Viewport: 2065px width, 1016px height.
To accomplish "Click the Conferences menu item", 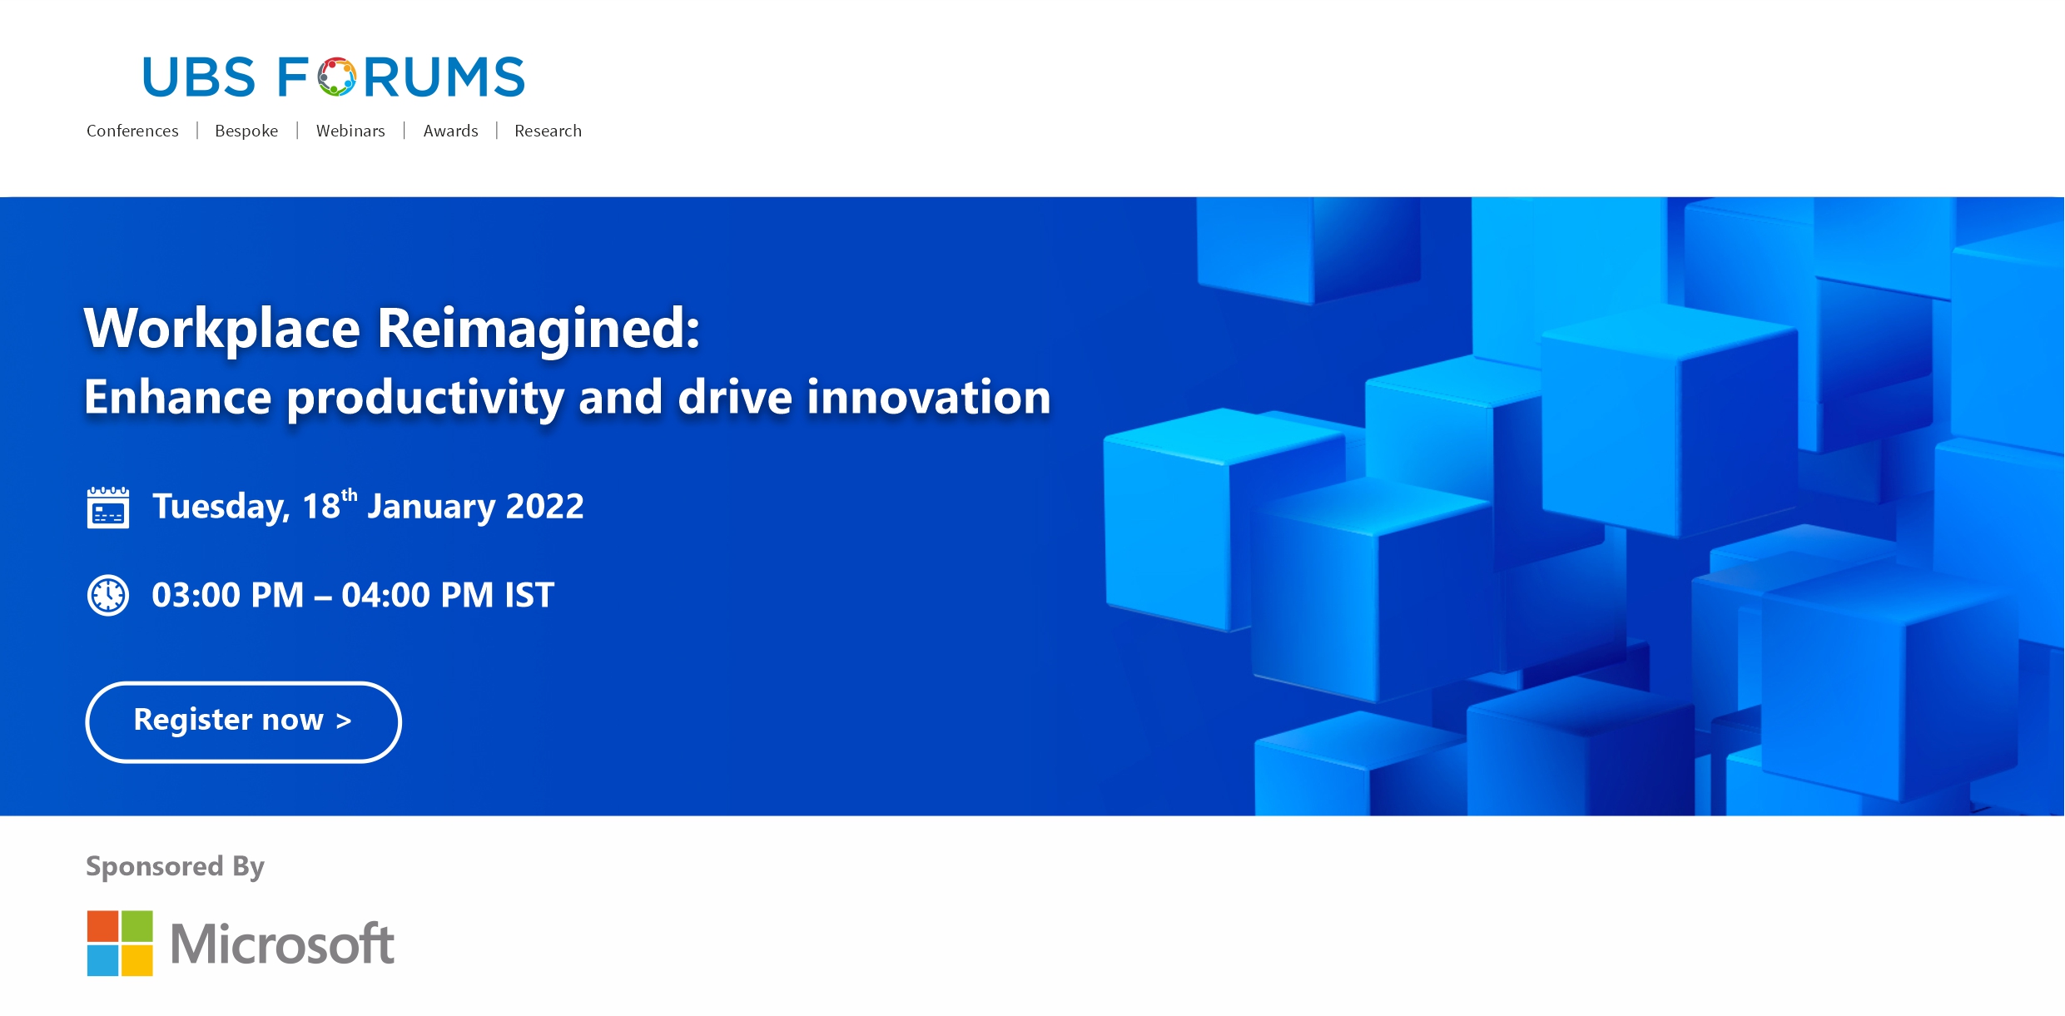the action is (x=132, y=131).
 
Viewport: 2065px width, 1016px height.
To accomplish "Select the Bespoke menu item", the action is (x=246, y=131).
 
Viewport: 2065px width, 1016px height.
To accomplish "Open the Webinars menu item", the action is (x=350, y=131).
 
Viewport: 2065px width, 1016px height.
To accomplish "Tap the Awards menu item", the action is (x=450, y=131).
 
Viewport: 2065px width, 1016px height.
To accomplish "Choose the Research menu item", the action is (x=548, y=131).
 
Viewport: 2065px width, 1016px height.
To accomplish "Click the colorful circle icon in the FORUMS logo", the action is (x=336, y=77).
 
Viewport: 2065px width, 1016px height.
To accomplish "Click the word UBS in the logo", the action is (x=199, y=77).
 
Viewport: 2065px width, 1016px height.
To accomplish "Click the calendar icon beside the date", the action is (x=108, y=508).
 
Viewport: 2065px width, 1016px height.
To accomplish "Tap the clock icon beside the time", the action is (x=108, y=595).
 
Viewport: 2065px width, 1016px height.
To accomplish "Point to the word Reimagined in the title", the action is (x=539, y=330).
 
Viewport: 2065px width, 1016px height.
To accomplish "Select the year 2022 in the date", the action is (x=545, y=506).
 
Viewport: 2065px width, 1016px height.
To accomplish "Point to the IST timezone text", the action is (x=529, y=595).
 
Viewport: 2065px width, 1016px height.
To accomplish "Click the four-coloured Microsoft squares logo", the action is (x=120, y=943).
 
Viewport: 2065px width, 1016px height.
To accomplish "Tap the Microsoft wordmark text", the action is (x=282, y=944).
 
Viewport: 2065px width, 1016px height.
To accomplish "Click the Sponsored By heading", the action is (x=175, y=867).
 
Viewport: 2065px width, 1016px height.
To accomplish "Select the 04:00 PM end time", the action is (x=417, y=595).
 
